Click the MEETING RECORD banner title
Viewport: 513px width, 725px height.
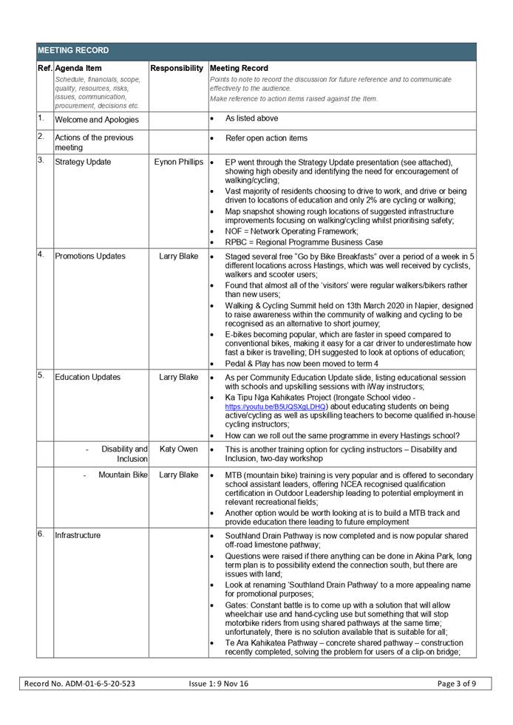point(73,51)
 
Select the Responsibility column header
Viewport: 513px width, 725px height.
point(177,68)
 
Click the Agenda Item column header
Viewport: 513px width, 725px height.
point(78,68)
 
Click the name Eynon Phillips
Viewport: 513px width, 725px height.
point(178,162)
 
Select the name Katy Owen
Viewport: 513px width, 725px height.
point(178,449)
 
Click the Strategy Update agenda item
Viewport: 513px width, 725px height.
point(83,162)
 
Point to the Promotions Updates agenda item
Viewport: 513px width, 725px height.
point(90,256)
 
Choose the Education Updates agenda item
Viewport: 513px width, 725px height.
point(87,377)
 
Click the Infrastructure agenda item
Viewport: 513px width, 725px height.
point(78,535)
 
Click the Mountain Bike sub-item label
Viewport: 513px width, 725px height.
point(123,474)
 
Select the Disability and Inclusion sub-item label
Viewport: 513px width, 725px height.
point(123,454)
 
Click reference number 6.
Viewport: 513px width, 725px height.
point(41,534)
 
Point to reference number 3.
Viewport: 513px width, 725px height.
point(41,160)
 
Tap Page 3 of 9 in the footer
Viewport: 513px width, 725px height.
point(457,684)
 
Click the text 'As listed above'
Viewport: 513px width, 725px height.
point(252,118)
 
